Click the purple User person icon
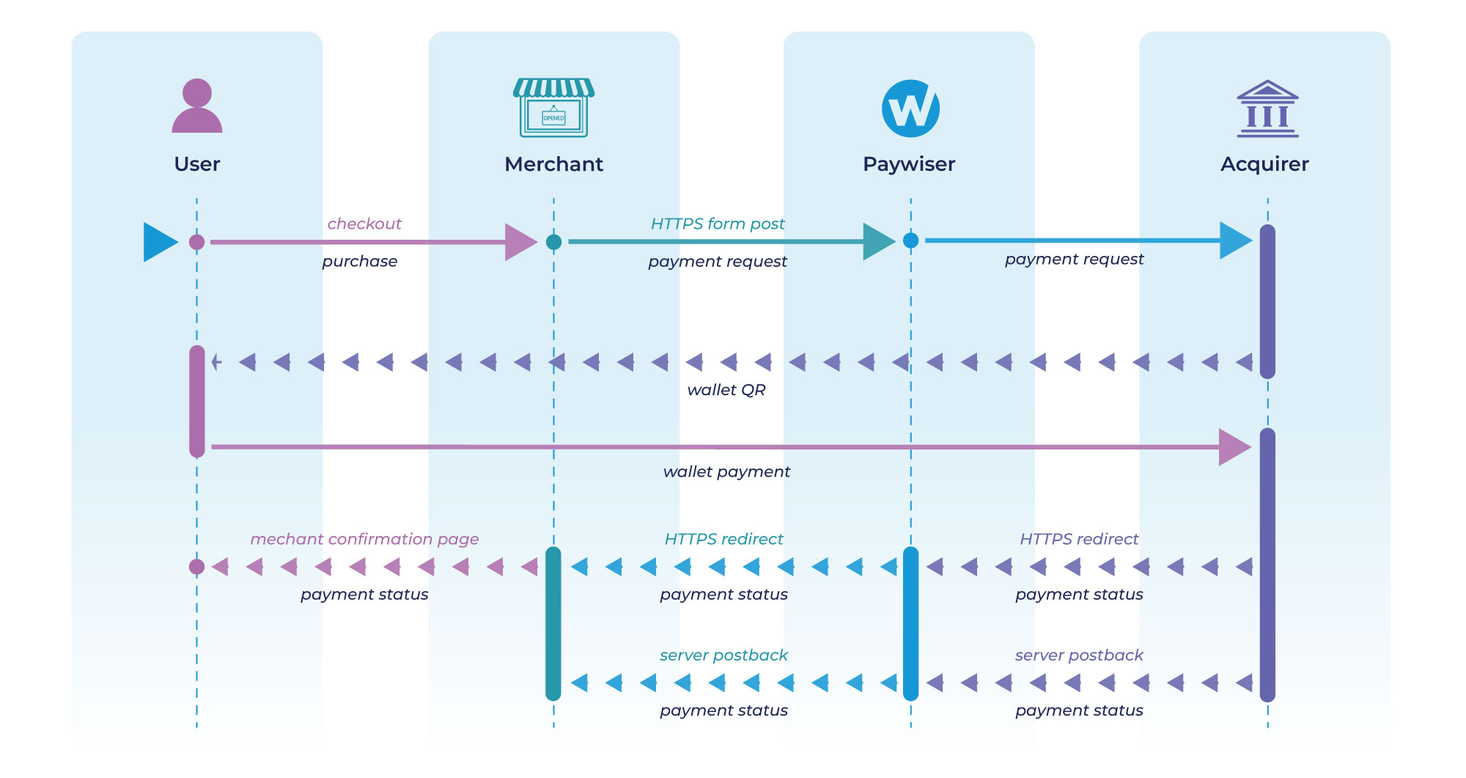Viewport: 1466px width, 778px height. click(196, 106)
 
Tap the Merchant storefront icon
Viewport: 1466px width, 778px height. click(553, 108)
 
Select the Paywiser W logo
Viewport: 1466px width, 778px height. click(910, 109)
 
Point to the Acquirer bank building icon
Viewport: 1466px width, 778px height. click(1267, 109)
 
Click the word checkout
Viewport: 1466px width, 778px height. click(364, 224)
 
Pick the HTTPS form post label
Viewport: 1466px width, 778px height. click(718, 224)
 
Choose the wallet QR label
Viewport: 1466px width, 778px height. click(726, 390)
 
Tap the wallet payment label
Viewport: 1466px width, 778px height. click(726, 471)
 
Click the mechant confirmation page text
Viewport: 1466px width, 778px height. click(364, 539)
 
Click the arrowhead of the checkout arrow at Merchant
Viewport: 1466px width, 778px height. click(520, 242)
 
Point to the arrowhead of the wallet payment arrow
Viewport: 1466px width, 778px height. click(1234, 447)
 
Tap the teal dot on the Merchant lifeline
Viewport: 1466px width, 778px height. click(554, 242)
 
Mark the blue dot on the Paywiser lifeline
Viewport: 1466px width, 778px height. click(911, 241)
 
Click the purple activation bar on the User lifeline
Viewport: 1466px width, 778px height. click(197, 401)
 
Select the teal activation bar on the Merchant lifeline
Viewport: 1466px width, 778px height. click(553, 623)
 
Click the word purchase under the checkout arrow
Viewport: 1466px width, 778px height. click(360, 262)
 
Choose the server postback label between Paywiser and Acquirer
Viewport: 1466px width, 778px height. click(1079, 655)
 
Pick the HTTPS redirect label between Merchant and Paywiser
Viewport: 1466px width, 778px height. click(723, 539)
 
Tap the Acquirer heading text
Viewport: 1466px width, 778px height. click(1264, 164)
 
